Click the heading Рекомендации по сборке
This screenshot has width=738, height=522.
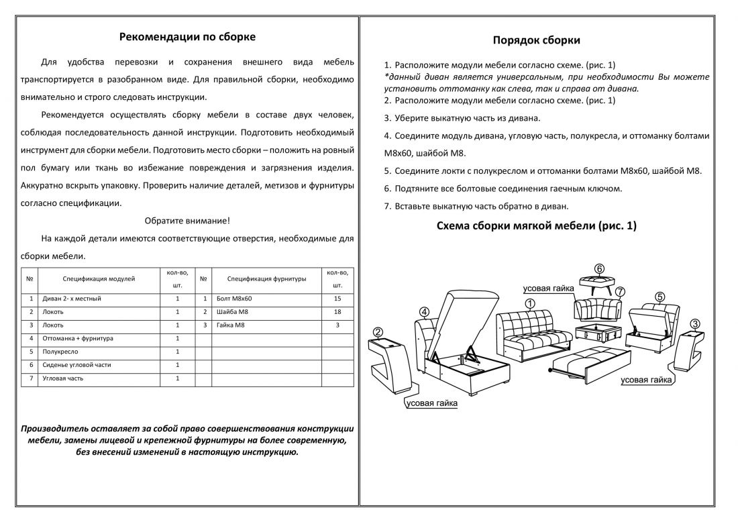(187, 37)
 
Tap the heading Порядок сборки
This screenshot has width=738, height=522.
(536, 40)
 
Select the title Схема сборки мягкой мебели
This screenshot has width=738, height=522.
(536, 226)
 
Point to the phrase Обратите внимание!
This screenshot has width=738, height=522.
(187, 221)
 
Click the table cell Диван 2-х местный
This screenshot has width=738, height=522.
(72, 299)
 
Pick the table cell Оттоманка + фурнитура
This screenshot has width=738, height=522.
(78, 339)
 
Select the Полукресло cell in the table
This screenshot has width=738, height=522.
(60, 352)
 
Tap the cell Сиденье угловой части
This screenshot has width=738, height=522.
(76, 365)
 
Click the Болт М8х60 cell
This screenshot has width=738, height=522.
(234, 299)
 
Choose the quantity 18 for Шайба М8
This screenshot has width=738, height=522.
(337, 312)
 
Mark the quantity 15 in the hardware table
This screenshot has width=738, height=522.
(337, 299)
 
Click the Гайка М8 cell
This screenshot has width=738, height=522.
(231, 325)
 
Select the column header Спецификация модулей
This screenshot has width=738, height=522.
(99, 278)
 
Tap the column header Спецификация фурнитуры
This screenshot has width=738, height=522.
(266, 278)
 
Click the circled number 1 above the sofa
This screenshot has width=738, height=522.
(529, 303)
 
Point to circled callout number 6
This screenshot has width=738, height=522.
(599, 268)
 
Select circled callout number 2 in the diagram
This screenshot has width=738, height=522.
(378, 331)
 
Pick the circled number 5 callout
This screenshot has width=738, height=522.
(660, 296)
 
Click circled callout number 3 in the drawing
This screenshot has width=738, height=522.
(695, 323)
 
